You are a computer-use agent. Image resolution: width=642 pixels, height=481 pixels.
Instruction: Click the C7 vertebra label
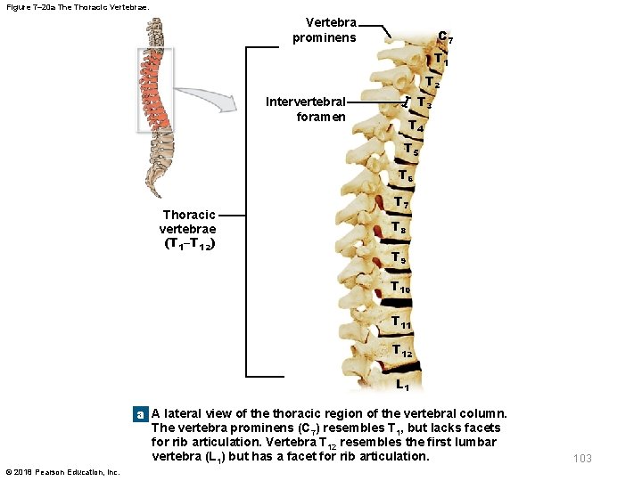446,37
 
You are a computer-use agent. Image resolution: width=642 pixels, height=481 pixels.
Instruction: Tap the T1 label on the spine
440,60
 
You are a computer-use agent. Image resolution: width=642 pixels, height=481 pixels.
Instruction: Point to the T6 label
406,175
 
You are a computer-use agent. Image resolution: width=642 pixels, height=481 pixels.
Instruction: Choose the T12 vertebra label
401,350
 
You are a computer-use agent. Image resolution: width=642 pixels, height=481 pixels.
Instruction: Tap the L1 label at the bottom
403,386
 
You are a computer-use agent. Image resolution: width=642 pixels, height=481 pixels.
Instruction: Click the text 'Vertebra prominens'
325,29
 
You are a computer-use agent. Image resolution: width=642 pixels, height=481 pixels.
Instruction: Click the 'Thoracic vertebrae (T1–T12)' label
189,229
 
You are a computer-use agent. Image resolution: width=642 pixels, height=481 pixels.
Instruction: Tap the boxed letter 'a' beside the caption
139,414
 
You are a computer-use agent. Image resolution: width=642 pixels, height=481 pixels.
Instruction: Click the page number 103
582,458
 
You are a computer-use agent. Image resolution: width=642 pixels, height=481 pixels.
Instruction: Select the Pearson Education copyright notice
62,471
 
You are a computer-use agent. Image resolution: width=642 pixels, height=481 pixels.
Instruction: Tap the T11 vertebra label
401,322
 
